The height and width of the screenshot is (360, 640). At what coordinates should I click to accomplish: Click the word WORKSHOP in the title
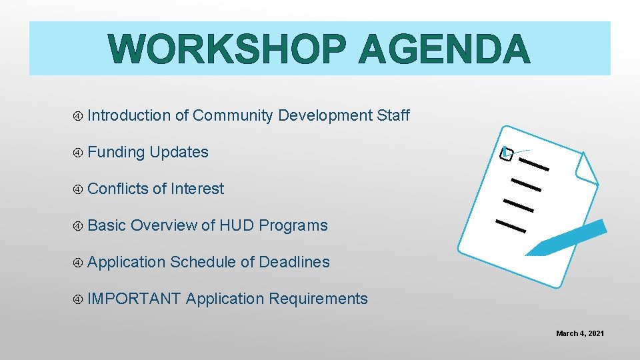pyautogui.click(x=227, y=49)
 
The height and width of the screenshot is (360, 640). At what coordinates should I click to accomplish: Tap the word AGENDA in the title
pyautogui.click(x=444, y=49)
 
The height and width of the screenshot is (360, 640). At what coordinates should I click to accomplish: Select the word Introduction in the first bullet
pyautogui.click(x=129, y=115)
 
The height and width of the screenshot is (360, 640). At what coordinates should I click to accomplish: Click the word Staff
pyautogui.click(x=393, y=115)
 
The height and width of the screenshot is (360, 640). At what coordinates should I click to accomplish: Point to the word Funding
pyautogui.click(x=116, y=152)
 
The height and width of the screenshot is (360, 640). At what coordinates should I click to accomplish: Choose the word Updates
pyautogui.click(x=179, y=153)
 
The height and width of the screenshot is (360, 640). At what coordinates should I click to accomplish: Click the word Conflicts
pyautogui.click(x=118, y=189)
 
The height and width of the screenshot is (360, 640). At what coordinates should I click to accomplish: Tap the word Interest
pyautogui.click(x=197, y=189)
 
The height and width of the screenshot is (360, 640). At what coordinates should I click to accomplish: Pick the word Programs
pyautogui.click(x=293, y=226)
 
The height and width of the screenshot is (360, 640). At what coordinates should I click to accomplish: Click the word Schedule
pyautogui.click(x=203, y=262)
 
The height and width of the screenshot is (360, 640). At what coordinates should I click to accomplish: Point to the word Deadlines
pyautogui.click(x=294, y=262)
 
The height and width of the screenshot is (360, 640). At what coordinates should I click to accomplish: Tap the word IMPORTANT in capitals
pyautogui.click(x=134, y=299)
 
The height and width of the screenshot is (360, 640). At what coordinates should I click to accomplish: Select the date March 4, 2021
pyautogui.click(x=580, y=333)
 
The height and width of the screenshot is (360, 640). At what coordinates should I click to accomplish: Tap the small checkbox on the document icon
pyautogui.click(x=507, y=154)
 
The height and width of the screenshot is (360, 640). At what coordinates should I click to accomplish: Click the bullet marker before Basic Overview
pyautogui.click(x=78, y=226)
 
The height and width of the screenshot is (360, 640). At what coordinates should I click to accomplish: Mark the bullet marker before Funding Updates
pyautogui.click(x=78, y=153)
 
